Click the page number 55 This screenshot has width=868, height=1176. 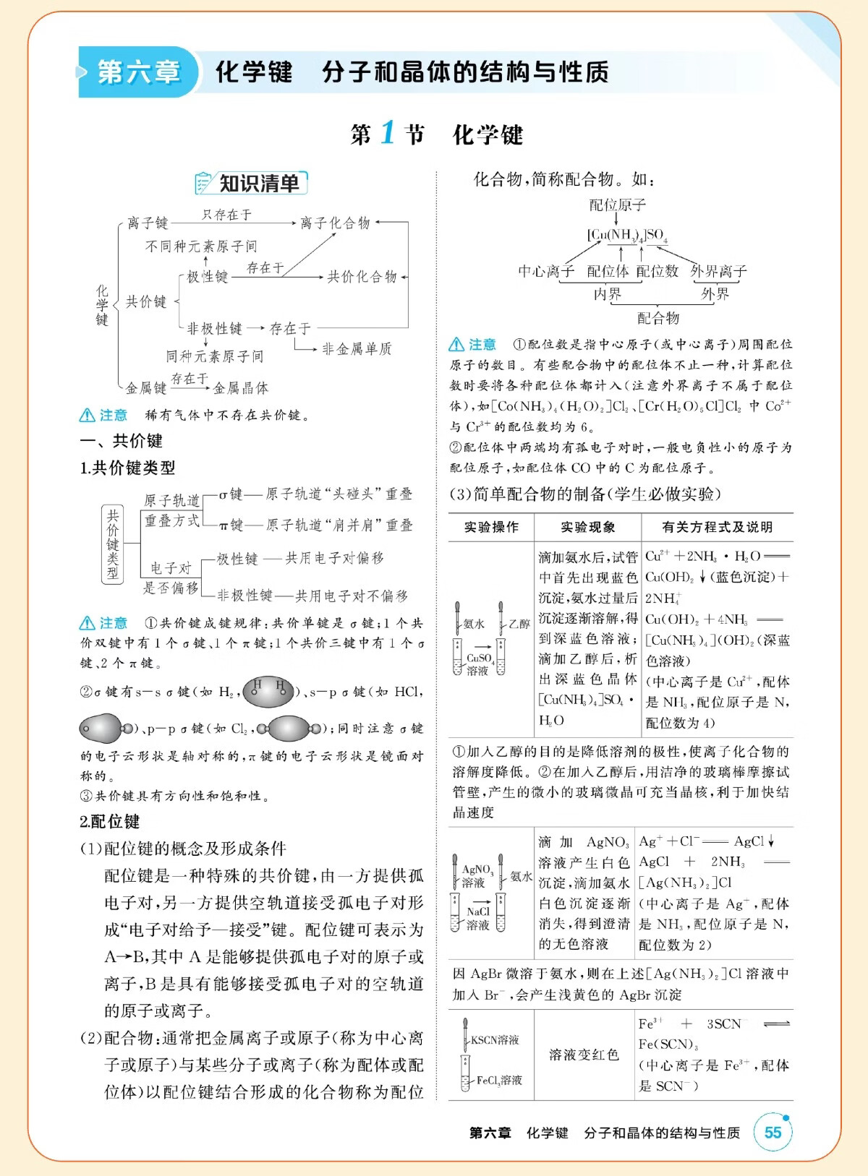click(x=773, y=1132)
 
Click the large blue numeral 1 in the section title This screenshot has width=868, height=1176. click(x=388, y=133)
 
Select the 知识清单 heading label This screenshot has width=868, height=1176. click(x=258, y=184)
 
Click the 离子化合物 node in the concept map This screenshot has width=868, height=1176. click(x=335, y=223)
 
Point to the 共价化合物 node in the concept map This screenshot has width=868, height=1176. click(x=362, y=276)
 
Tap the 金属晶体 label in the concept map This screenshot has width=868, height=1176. click(x=241, y=388)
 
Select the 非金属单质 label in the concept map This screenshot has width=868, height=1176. click(x=357, y=349)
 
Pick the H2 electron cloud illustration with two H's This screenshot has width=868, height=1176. click(x=269, y=692)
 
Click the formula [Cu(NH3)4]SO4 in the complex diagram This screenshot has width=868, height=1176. click(x=626, y=235)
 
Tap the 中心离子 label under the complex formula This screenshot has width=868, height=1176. click(x=546, y=272)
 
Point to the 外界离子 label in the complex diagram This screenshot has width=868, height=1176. click(x=718, y=272)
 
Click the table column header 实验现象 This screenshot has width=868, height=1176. click(x=587, y=527)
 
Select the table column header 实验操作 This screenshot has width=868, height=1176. click(x=491, y=527)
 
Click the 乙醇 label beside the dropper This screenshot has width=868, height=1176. click(x=519, y=624)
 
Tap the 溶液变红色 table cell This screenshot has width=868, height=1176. click(x=584, y=1055)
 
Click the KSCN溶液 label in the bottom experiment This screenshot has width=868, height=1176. click(x=495, y=1039)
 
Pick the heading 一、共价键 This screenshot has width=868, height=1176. click(x=121, y=441)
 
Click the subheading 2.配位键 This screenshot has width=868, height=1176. click(x=110, y=822)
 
